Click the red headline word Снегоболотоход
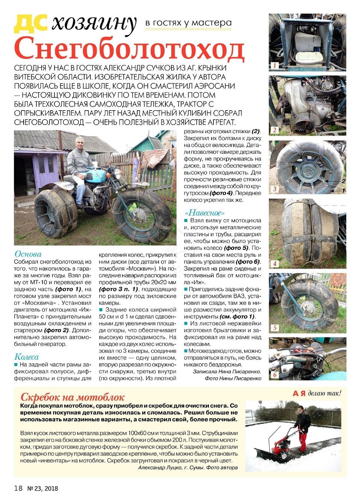pos(129,49)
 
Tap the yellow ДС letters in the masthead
pos(31,23)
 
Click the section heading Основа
pos(28,254)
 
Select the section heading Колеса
pos(26,357)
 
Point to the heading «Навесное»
pos(205,213)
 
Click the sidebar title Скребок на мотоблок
pos(72,397)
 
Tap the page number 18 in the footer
pos(18,488)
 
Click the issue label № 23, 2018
pos(43,488)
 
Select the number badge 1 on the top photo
pos(274,66)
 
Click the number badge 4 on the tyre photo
pos(274,264)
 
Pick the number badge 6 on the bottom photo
pos(274,375)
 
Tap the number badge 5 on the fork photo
pos(274,328)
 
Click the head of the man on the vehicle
pos(79,143)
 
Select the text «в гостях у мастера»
pos(188,23)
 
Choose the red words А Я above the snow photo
pos(299,393)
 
